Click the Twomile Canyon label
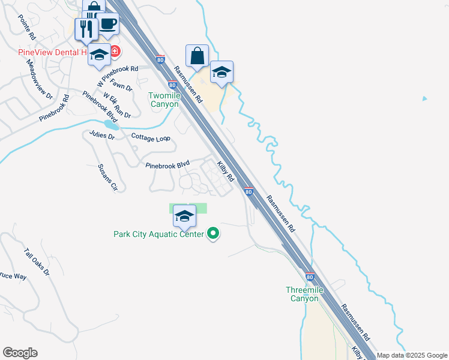[x=164, y=100]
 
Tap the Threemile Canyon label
[x=304, y=294]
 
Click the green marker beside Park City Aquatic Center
[x=213, y=234]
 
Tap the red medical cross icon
[x=113, y=52]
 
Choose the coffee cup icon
[x=107, y=24]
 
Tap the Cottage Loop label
[x=151, y=137]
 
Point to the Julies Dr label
[x=102, y=135]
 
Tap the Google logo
[x=20, y=353]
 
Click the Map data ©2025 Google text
[x=412, y=355]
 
